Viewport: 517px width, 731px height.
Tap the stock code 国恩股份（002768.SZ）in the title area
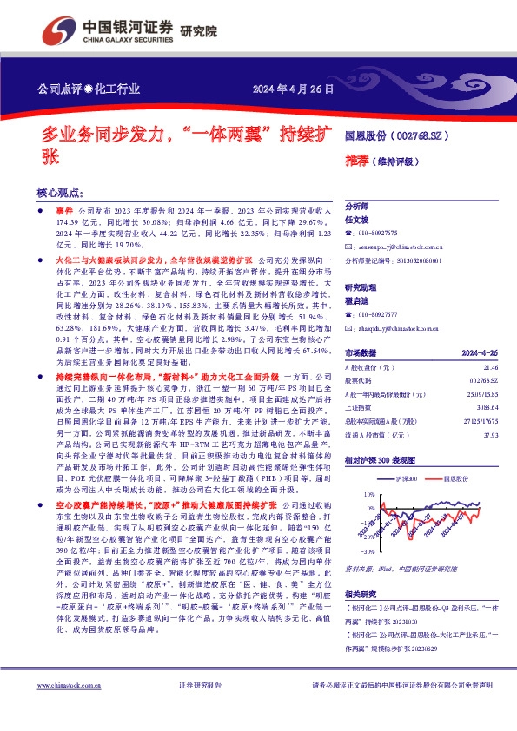tap(399, 136)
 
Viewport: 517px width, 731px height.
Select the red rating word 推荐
tap(357, 161)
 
